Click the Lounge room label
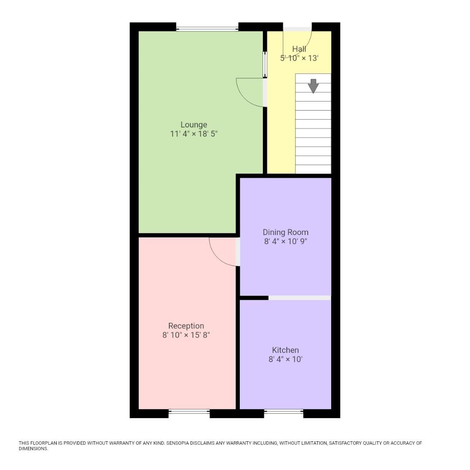coord(194,125)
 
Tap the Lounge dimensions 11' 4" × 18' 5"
coord(194,134)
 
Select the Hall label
coord(299,49)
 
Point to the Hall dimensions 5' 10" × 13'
coord(299,58)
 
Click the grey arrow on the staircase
coord(313,86)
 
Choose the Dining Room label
coord(285,232)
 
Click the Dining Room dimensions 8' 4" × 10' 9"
coord(285,242)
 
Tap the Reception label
coord(186,326)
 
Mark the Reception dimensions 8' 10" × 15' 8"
coord(186,335)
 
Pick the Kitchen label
coord(285,350)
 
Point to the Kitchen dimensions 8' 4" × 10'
coord(285,359)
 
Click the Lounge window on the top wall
coord(207,29)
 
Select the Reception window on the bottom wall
coord(189,412)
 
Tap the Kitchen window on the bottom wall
coord(284,412)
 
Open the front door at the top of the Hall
coord(298,29)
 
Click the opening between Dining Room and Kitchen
coord(299,298)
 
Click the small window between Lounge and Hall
coord(265,65)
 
